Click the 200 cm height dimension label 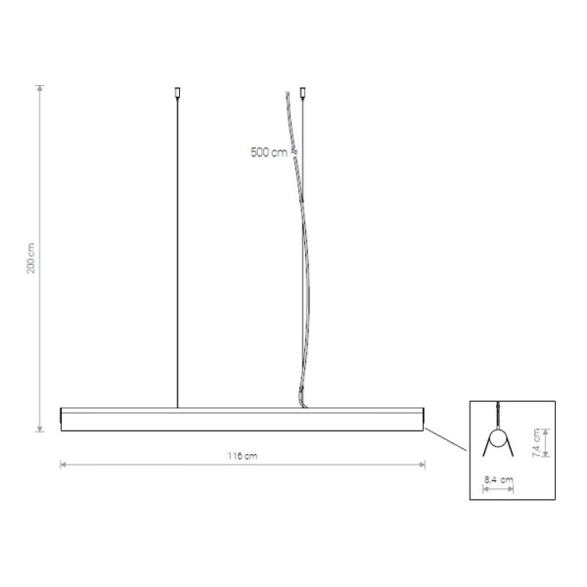click(x=31, y=258)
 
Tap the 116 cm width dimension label click(x=244, y=455)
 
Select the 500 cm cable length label click(x=268, y=152)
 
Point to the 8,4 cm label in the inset click(x=499, y=479)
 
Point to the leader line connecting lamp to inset click(x=446, y=437)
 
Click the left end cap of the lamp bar click(x=63, y=419)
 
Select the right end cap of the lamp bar click(x=424, y=419)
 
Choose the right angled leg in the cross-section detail click(x=512, y=450)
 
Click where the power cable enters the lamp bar click(x=301, y=404)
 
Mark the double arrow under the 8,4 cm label click(x=499, y=490)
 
